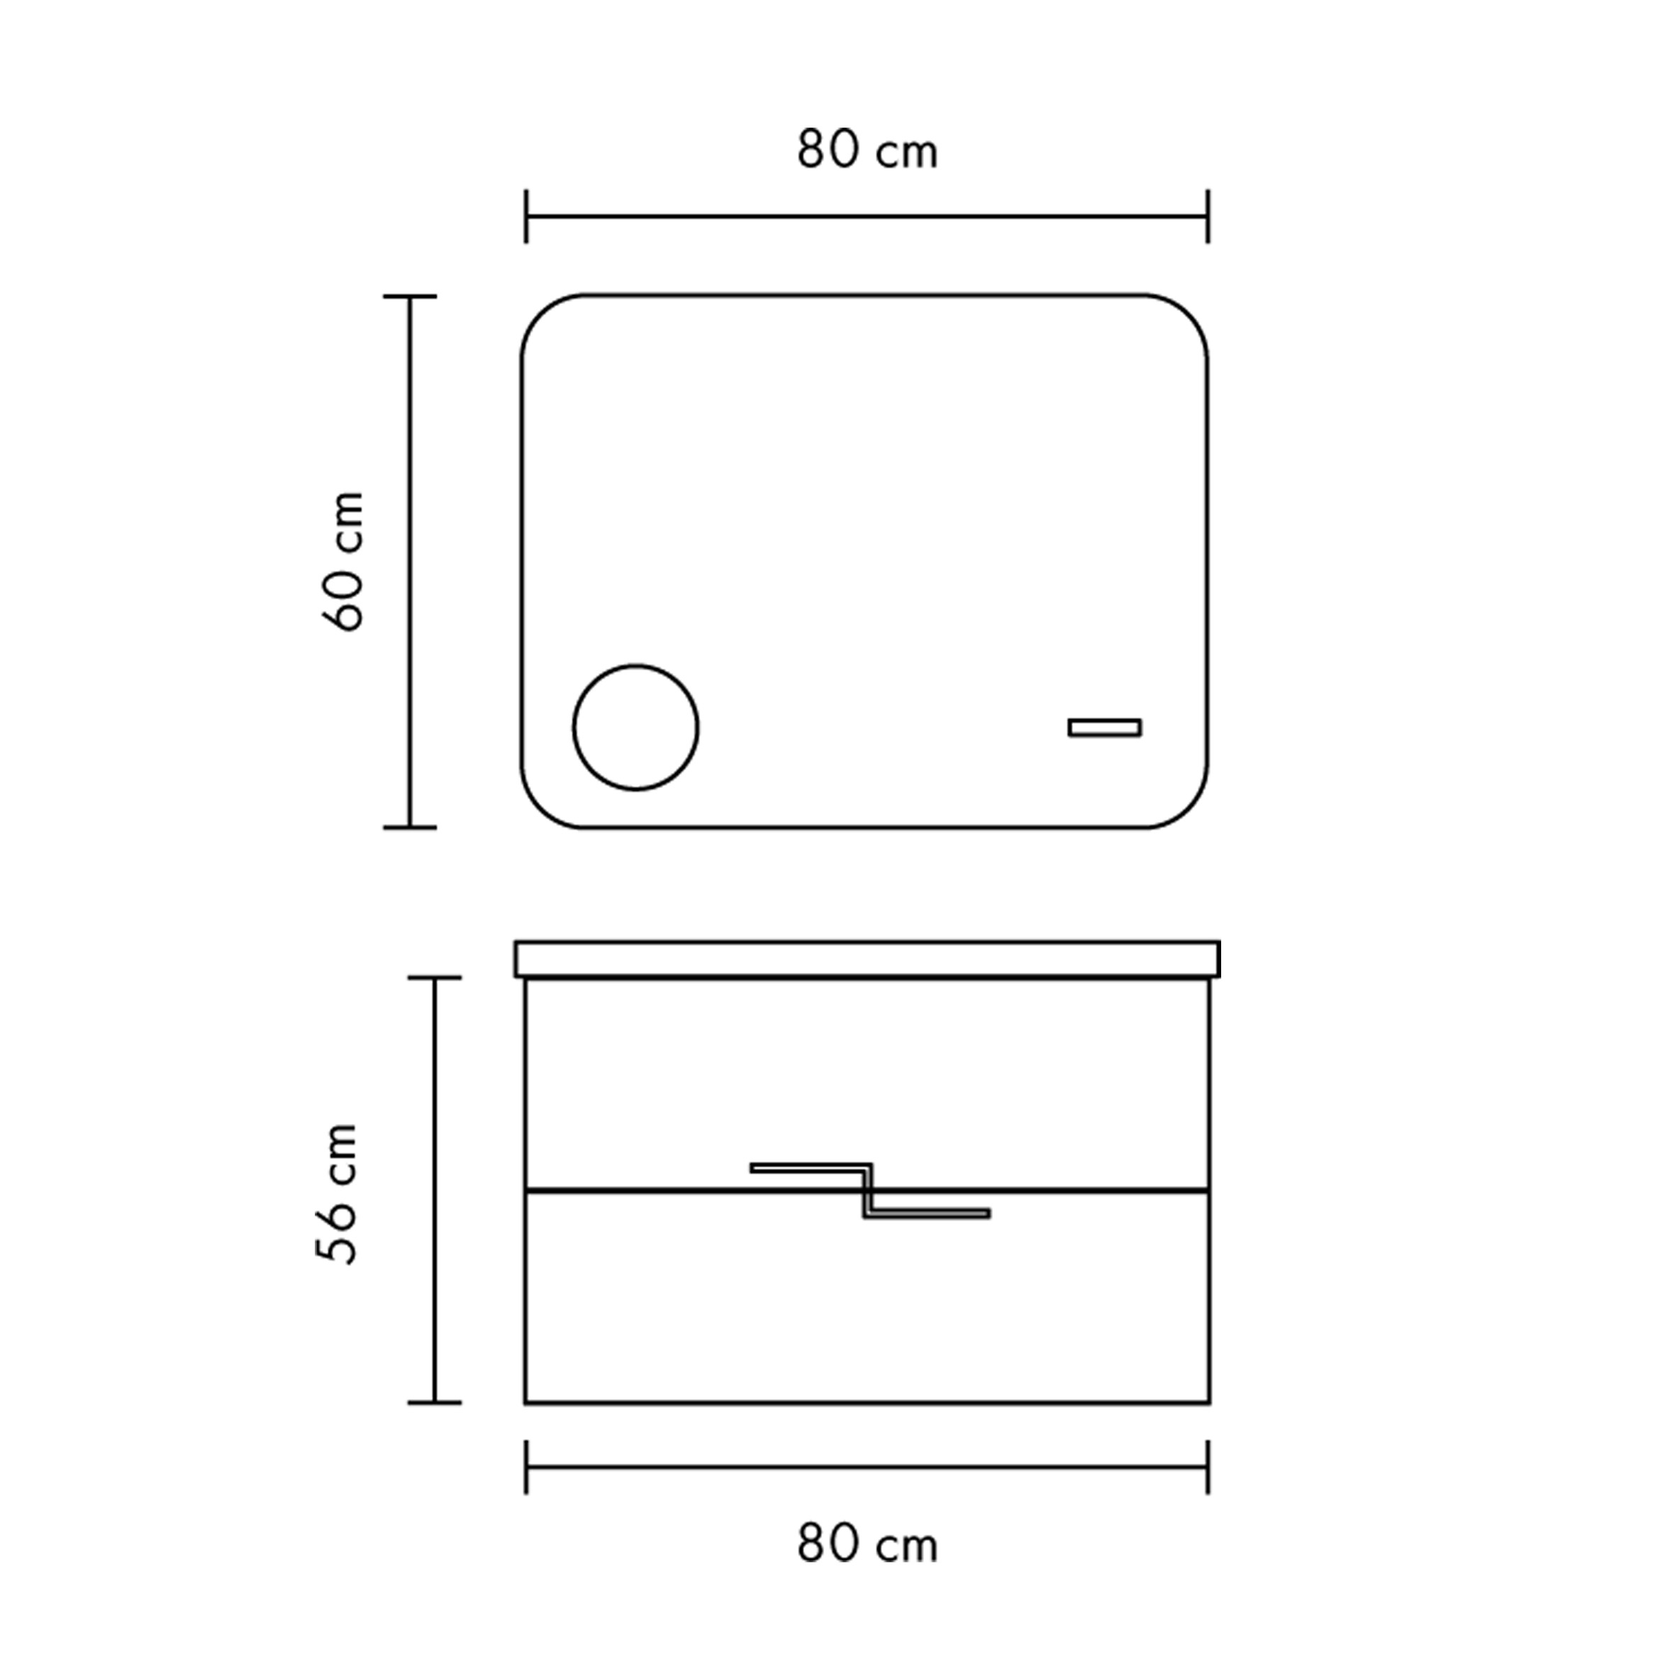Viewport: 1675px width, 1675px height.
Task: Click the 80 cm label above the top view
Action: (867, 150)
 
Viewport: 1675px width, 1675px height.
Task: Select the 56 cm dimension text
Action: (336, 1193)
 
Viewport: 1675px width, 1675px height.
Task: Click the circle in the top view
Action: (635, 667)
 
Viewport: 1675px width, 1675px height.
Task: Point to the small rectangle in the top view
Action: (1105, 728)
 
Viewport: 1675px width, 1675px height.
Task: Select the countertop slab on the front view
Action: (867, 959)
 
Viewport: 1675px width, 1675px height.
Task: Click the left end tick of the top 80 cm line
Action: (525, 217)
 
